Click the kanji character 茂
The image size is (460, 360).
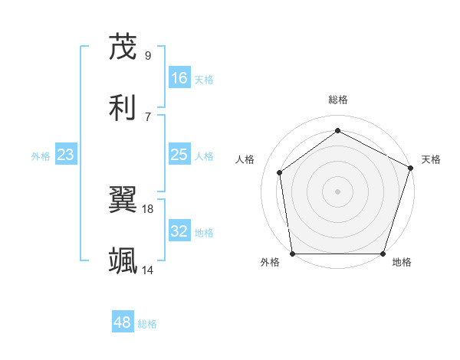(123, 47)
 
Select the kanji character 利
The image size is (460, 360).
(123, 107)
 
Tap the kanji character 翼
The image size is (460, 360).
(123, 201)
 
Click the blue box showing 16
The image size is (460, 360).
(179, 78)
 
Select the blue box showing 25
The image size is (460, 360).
(179, 155)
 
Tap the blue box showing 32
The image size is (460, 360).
(179, 232)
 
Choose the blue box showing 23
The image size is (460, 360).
(65, 155)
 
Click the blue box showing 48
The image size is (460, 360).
(122, 322)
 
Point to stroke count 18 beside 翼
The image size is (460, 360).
(148, 208)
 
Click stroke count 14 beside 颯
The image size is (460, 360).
(148, 270)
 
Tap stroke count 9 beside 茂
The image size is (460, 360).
(148, 55)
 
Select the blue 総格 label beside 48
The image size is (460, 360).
(147, 324)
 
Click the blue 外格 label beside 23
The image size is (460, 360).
(41, 156)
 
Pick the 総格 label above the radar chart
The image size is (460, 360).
(337, 100)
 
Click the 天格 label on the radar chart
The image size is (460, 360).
(431, 159)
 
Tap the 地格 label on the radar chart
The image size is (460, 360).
(402, 263)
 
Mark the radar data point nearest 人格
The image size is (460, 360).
(280, 172)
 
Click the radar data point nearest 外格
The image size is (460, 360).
(292, 254)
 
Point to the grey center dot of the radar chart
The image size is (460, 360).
(337, 191)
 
